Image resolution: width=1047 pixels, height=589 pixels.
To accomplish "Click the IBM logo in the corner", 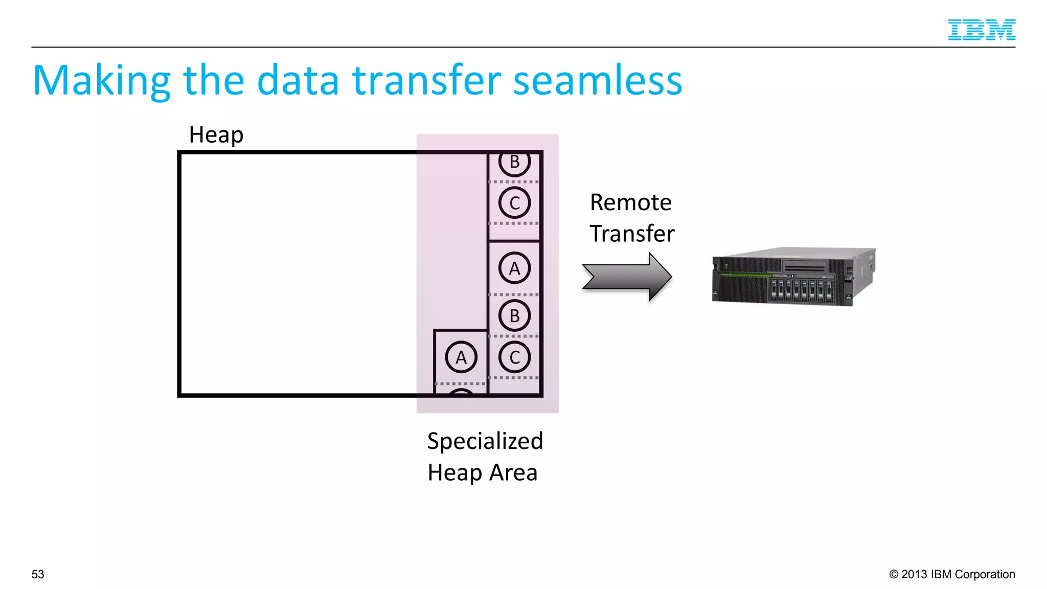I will (981, 30).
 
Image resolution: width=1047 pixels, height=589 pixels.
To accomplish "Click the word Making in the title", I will (101, 81).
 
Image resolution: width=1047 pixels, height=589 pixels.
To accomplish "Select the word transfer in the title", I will (426, 81).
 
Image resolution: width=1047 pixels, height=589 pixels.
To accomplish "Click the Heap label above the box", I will (216, 135).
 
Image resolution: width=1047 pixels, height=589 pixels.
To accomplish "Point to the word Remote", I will (630, 202).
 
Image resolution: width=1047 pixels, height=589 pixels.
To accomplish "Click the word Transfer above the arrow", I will (632, 234).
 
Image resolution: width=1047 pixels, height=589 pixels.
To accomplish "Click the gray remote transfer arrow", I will (627, 277).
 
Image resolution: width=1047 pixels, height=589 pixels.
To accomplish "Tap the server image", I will (793, 277).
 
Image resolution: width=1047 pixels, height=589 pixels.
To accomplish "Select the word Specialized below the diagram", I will (485, 441).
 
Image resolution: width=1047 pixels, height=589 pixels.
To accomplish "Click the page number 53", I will (38, 574).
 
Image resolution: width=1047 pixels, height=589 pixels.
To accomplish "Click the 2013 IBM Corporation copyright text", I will (952, 574).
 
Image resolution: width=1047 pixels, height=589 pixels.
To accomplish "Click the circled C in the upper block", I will (514, 203).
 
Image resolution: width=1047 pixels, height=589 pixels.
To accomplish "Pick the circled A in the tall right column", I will (514, 268).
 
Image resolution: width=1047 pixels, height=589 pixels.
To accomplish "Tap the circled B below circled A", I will (514, 315).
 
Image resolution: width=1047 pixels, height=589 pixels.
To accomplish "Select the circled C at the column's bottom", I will (514, 357).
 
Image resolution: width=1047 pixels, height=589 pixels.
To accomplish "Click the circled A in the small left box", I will (461, 357).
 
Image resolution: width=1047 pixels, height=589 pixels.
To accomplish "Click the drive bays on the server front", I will (801, 289).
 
